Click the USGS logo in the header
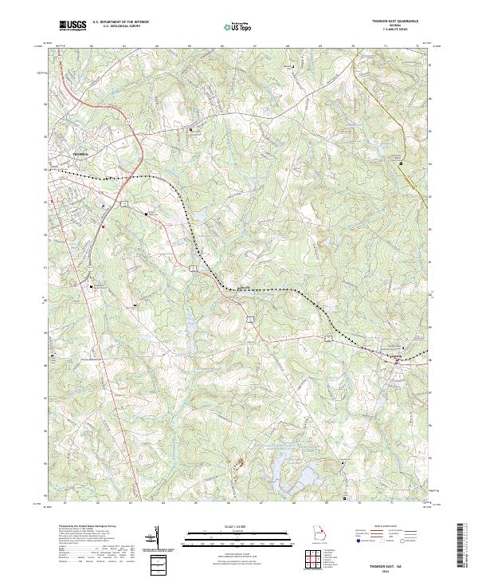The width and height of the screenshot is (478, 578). tap(72, 26)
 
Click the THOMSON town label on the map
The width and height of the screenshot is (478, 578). tap(82, 152)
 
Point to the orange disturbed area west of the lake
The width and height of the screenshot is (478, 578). tap(235, 462)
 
